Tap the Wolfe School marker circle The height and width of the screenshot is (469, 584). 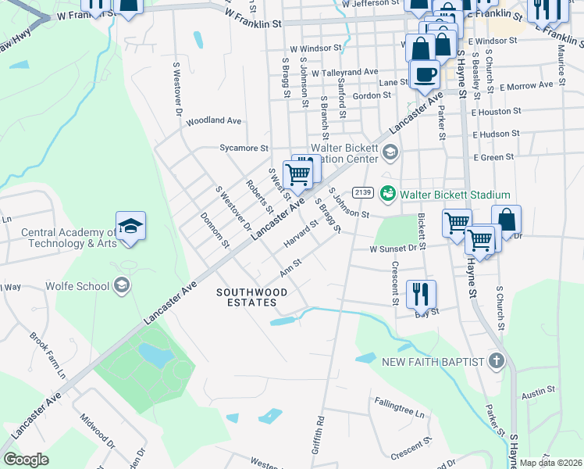pos(120,285)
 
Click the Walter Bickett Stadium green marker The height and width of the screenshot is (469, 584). pos(386,192)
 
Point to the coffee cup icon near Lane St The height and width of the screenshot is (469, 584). pos(424,74)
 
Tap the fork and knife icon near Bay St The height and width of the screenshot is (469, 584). pos(421,294)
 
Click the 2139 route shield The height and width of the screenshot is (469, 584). pos(362,192)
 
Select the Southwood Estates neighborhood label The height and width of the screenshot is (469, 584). pos(251,298)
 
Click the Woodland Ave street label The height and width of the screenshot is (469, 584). pos(214,120)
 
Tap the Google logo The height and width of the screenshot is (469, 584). pos(26,460)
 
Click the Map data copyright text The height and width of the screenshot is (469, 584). pos(550,463)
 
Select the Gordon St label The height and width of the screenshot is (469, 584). pos(372,95)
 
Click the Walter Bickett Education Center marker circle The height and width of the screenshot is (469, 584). pos(391,152)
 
